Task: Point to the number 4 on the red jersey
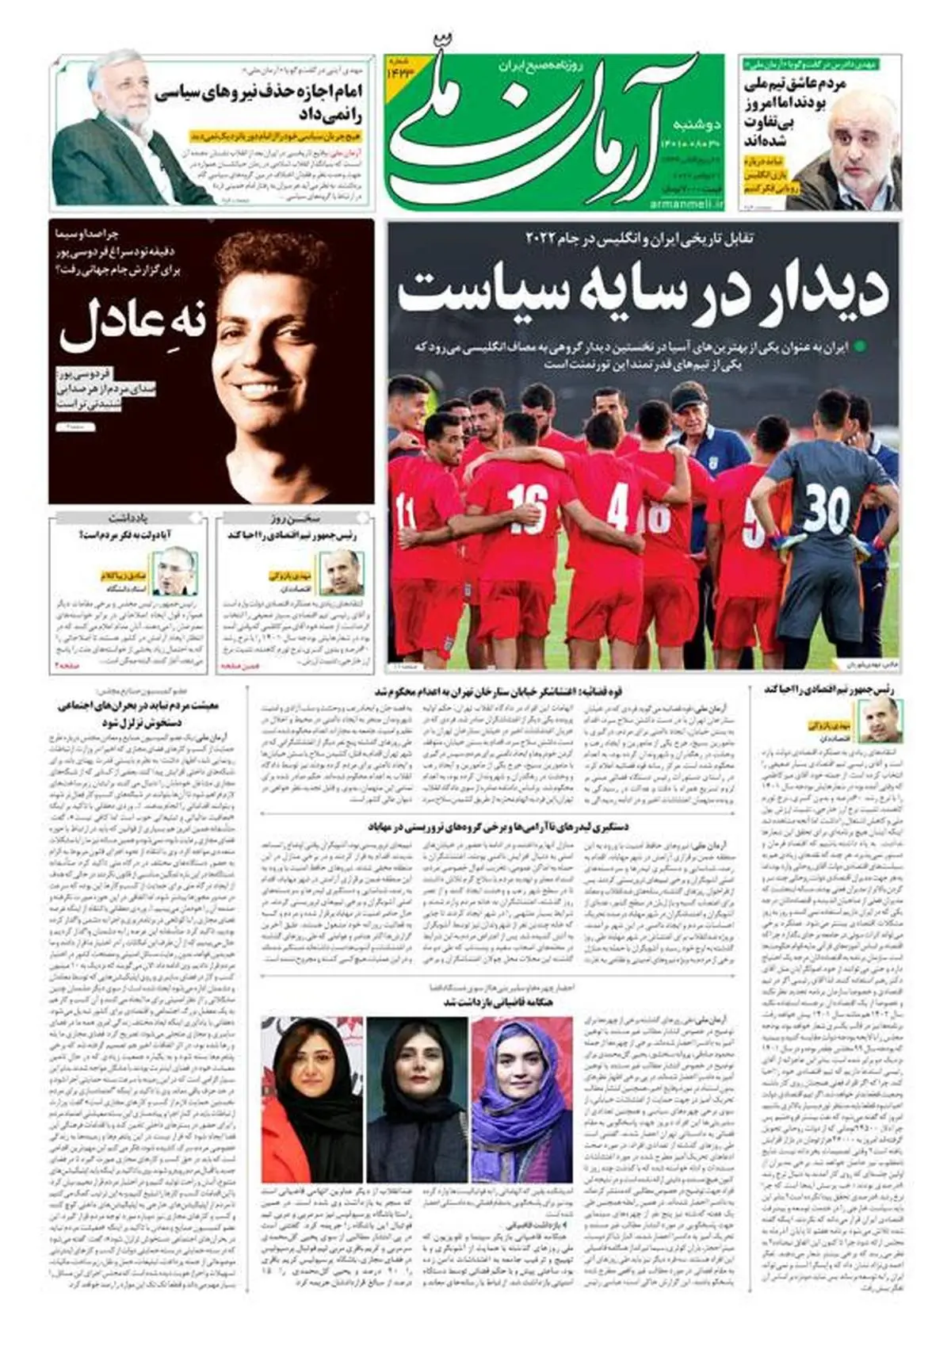618,507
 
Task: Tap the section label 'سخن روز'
294,519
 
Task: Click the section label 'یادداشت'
129,519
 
